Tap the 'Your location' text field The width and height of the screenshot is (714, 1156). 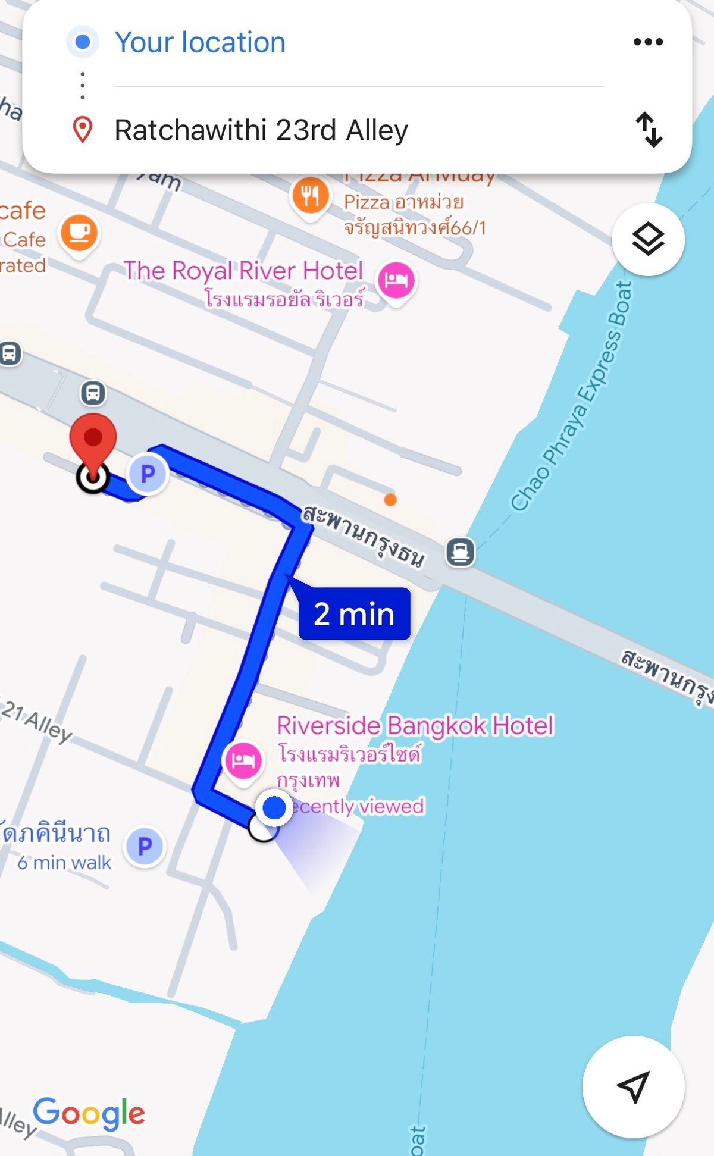click(x=200, y=42)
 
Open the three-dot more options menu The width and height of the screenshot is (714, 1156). click(x=648, y=42)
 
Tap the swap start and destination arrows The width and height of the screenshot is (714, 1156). click(x=649, y=129)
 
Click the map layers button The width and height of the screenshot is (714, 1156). click(x=648, y=239)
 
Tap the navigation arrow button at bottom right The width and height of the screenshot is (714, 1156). click(x=633, y=1086)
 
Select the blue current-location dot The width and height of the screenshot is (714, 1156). click(x=274, y=808)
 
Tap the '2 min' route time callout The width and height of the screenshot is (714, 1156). click(x=354, y=613)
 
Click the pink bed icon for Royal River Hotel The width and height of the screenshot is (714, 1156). click(x=396, y=279)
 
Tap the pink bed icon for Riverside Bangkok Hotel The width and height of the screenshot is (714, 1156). click(x=243, y=760)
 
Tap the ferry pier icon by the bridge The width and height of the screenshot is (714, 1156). click(x=461, y=552)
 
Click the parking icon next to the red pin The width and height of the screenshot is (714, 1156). click(x=148, y=474)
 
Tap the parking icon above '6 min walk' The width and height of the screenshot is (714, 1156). click(x=145, y=845)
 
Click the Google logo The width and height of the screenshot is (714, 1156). click(x=89, y=1113)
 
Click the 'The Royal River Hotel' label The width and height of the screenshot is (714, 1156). click(x=243, y=271)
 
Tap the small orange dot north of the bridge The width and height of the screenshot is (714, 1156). click(x=390, y=500)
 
